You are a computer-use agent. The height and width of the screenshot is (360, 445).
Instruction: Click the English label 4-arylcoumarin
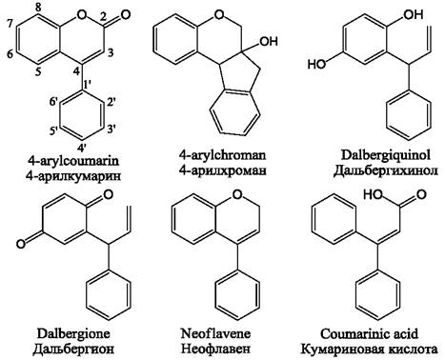coord(73,160)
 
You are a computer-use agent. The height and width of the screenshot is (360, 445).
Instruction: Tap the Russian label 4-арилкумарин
coord(73,175)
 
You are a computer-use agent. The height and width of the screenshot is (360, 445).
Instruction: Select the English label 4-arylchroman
coord(222,155)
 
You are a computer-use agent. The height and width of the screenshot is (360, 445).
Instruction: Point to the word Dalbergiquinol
coord(386,155)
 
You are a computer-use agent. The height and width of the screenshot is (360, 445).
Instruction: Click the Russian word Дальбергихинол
coord(386,170)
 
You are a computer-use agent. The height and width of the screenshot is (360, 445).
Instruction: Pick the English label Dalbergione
coord(73,333)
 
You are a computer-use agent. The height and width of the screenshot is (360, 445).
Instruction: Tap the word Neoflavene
coord(215,333)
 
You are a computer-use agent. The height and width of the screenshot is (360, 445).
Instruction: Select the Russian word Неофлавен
coord(215,349)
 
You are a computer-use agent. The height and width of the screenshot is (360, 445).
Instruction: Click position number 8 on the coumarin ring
coord(38,9)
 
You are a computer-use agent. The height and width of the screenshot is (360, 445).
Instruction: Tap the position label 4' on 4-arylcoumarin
coord(83,148)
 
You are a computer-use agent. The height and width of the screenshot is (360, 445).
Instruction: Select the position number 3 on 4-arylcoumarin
coord(111,52)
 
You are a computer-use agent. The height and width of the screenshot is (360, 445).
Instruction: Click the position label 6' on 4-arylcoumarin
coord(53,102)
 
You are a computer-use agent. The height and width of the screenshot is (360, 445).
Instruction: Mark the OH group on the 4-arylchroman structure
coord(269,41)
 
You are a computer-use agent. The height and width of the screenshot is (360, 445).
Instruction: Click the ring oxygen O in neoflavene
coord(237,194)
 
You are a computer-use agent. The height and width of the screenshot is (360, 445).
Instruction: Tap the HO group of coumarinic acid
coord(374,194)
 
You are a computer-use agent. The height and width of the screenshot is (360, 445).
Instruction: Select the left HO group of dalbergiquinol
coord(317,65)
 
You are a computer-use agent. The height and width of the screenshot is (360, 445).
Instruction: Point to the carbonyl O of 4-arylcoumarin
coord(126,14)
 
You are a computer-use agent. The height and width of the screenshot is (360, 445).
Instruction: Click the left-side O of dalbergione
coord(21,244)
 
